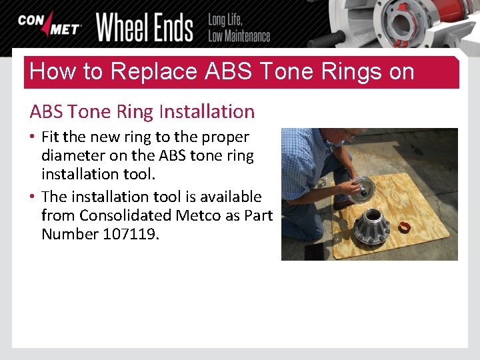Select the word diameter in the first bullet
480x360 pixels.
[71, 155]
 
